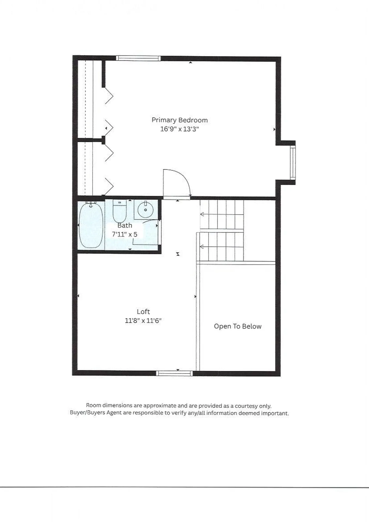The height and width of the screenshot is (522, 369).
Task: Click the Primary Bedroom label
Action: click(179, 120)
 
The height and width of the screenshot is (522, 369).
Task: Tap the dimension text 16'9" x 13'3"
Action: click(179, 129)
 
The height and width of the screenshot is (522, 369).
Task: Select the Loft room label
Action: click(143, 312)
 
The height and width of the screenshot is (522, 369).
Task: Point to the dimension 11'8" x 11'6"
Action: click(143, 321)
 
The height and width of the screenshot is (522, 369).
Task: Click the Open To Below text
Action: click(237, 326)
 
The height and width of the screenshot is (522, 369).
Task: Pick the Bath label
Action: click(125, 225)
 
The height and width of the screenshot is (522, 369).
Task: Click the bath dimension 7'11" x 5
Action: click(124, 234)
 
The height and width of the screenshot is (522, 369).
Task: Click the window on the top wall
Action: click(138, 58)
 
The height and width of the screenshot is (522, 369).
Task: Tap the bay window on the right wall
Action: click(293, 163)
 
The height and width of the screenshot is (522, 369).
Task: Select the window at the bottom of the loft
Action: click(174, 374)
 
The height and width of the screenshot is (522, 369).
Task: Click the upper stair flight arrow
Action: click(202, 214)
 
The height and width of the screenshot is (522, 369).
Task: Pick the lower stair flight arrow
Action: click(202, 247)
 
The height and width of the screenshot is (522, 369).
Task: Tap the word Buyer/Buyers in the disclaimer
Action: click(87, 413)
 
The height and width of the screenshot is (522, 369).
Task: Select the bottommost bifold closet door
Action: click(109, 187)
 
